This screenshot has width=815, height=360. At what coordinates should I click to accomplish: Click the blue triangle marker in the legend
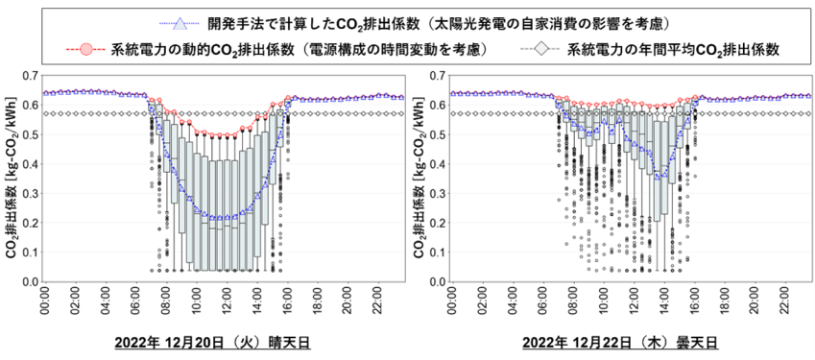click(179, 23)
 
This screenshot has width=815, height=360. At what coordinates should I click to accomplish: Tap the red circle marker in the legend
click(86, 49)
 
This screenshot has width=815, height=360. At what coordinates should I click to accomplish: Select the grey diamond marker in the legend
click(541, 49)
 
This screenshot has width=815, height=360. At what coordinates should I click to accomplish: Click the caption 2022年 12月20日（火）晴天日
click(212, 344)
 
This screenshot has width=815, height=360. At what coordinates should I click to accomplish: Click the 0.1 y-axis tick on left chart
click(30, 252)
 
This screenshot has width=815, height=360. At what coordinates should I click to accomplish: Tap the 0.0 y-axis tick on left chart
click(30, 282)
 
